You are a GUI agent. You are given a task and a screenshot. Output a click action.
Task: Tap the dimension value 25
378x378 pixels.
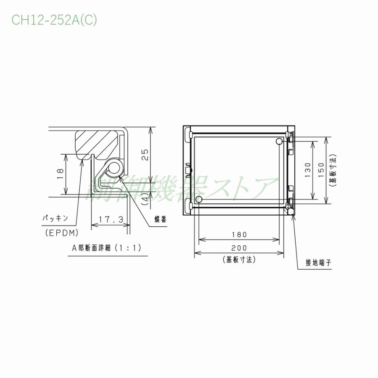(145, 155)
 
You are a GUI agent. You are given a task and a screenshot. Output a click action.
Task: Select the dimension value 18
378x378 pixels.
(60, 174)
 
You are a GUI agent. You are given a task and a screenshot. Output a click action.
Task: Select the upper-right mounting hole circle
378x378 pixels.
(279, 142)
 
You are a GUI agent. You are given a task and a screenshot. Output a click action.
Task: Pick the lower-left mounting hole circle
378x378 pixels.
(199, 198)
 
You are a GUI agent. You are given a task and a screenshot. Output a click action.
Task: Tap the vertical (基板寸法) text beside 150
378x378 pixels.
(333, 170)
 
